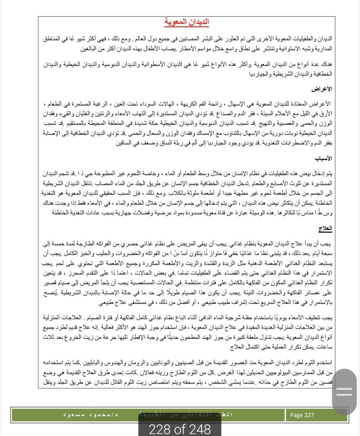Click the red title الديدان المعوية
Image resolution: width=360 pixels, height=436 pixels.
pyautogui.click(x=186, y=22)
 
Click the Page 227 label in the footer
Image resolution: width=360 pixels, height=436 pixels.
pyautogui.click(x=302, y=415)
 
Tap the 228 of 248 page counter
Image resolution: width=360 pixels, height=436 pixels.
pyautogui.click(x=180, y=428)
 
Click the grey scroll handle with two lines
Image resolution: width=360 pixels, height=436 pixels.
pyautogui.click(x=344, y=393)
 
